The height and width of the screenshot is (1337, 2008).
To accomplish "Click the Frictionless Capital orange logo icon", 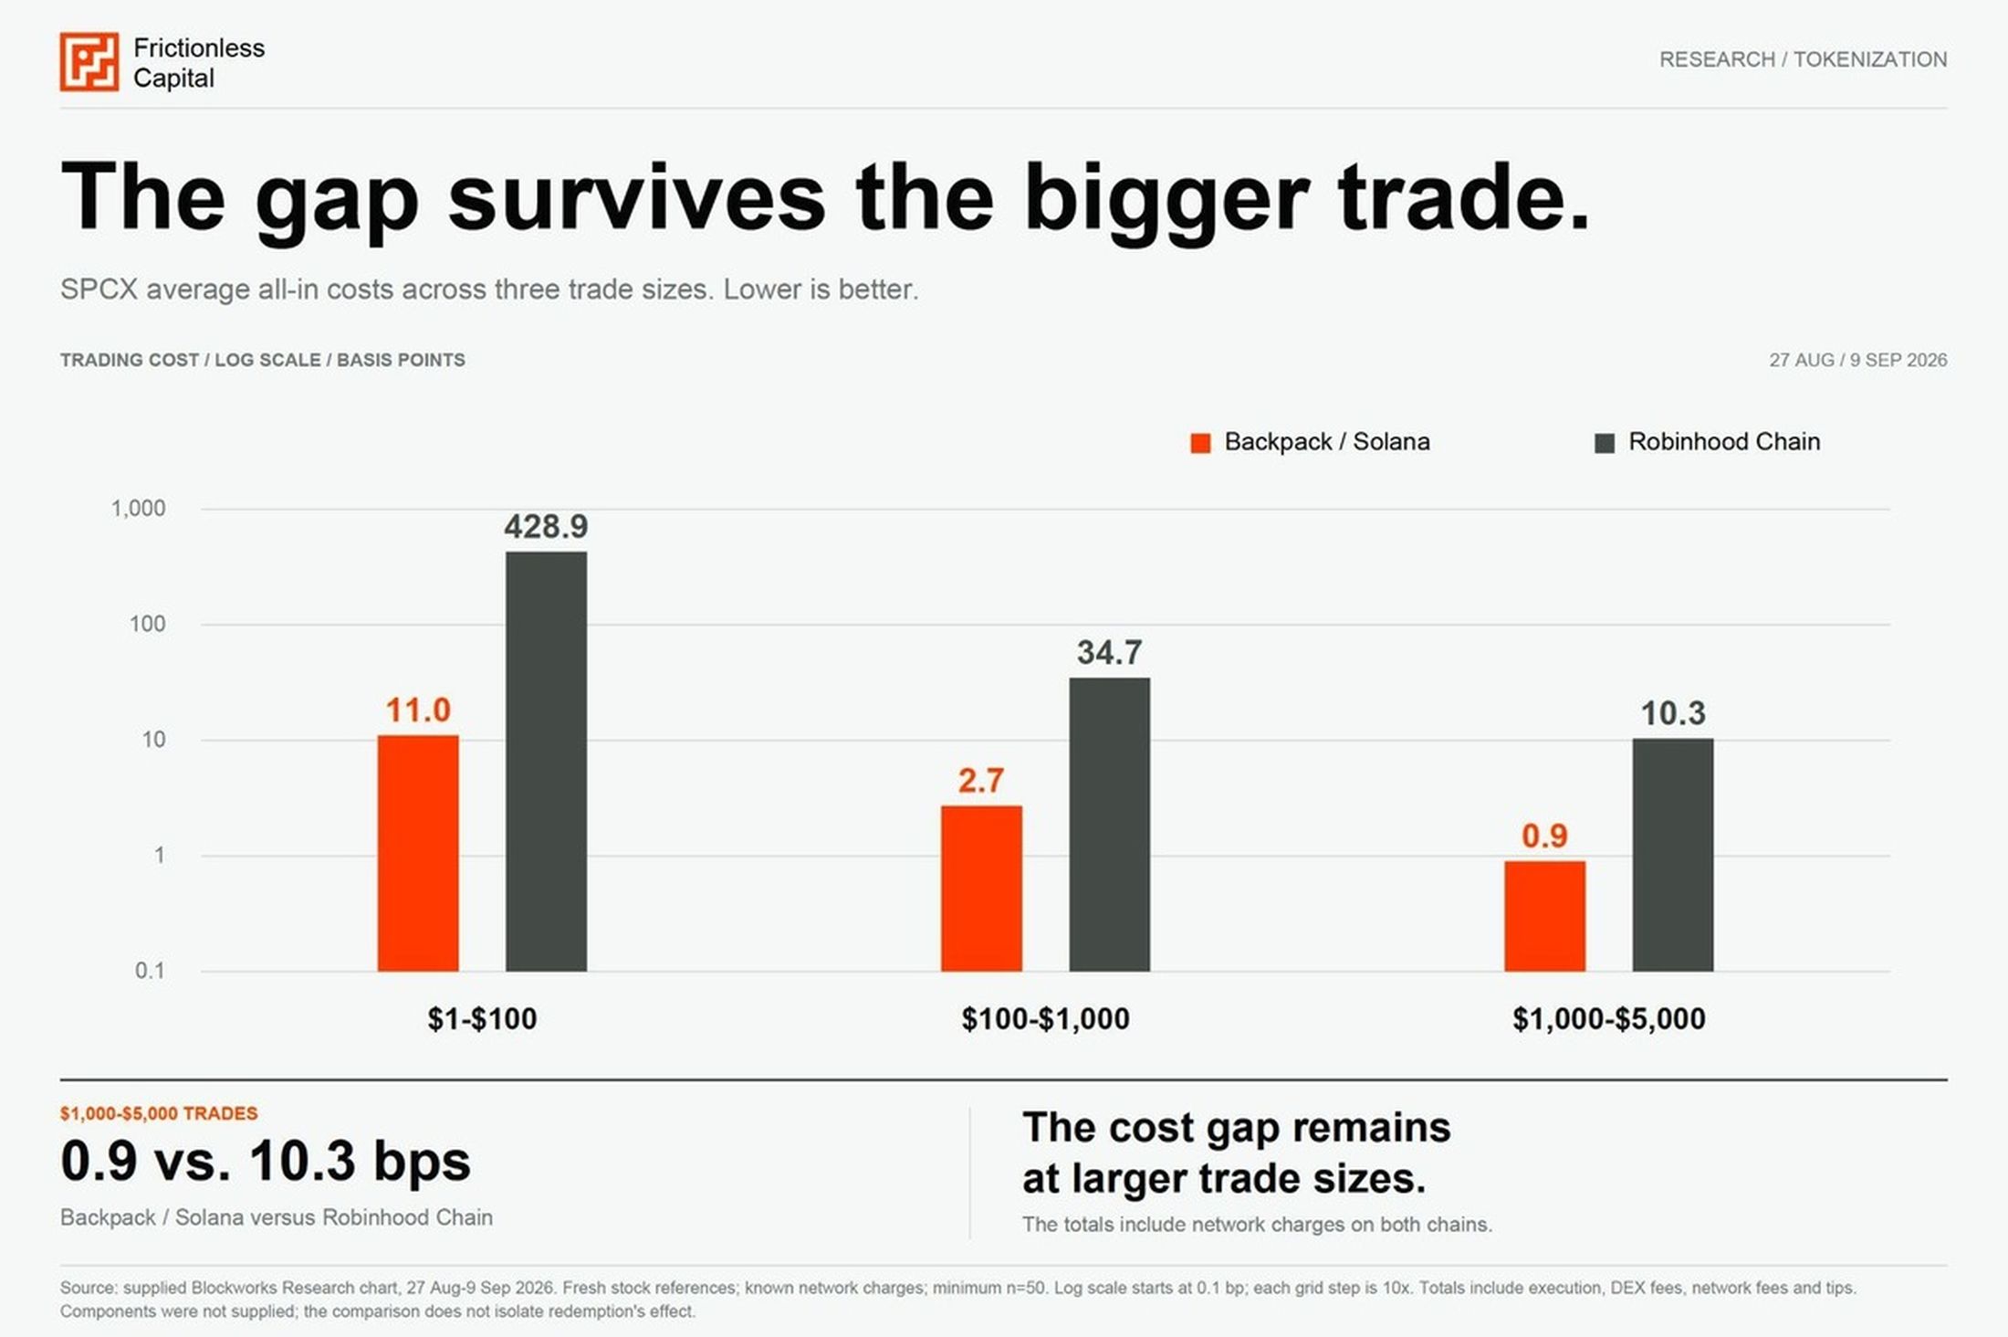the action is tap(89, 62).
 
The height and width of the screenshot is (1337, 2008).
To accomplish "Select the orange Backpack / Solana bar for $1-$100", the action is tap(418, 853).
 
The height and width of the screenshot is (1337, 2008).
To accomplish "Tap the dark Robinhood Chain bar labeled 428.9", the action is tap(546, 761).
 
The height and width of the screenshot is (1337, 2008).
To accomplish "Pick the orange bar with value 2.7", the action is tap(981, 888).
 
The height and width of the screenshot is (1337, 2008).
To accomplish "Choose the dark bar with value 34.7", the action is tap(1109, 824).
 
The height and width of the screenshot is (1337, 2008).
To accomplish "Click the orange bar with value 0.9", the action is tap(1544, 916).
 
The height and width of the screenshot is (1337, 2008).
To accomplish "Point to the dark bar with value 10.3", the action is tap(1673, 855).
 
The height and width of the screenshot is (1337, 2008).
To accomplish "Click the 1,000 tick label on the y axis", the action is tap(139, 509).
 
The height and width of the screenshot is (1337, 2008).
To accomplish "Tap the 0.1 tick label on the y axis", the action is tap(151, 971).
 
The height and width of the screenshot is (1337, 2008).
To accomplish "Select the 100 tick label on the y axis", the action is tap(148, 625).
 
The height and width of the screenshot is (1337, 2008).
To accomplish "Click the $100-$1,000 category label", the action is tap(1045, 1019).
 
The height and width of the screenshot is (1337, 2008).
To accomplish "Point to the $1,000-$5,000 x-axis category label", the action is tap(1609, 1019).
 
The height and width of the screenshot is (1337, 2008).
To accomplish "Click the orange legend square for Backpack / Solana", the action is tap(1200, 443).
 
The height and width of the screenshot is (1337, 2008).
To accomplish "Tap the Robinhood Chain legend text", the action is tap(1724, 442).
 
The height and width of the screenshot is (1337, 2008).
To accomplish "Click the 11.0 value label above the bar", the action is tap(418, 711).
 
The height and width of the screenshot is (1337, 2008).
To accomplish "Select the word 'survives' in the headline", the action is tap(636, 197).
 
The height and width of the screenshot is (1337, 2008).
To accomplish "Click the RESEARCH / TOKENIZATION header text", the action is tap(1803, 59).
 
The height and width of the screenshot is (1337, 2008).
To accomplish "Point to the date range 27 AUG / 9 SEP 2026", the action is tap(1857, 360).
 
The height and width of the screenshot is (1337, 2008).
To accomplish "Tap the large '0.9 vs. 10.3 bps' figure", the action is tap(266, 1162).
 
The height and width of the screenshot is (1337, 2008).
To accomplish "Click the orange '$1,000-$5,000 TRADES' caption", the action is tap(159, 1113).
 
